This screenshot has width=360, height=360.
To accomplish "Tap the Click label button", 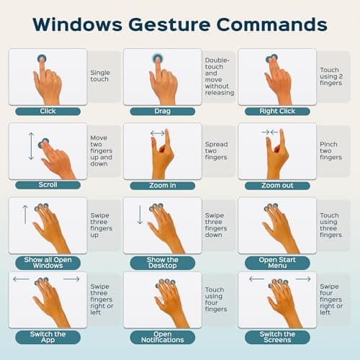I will click(48, 112).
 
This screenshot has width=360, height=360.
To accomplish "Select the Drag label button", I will click(162, 112).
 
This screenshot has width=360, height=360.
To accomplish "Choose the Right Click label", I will click(277, 112).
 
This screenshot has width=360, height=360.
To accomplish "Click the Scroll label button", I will click(48, 185).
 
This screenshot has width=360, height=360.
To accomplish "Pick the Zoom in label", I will click(162, 185).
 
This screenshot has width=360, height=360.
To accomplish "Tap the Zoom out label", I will click(277, 185).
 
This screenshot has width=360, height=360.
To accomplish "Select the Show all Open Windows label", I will click(48, 262).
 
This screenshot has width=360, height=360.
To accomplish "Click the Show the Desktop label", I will click(162, 262).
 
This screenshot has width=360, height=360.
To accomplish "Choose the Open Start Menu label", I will click(277, 262).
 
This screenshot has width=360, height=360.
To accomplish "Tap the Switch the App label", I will click(48, 337).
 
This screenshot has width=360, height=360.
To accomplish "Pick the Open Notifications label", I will click(162, 337).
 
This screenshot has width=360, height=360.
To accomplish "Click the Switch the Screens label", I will click(277, 337).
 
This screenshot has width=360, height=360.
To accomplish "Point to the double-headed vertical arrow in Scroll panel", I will click(30, 145).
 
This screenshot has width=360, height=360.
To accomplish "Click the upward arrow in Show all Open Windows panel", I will click(25, 215).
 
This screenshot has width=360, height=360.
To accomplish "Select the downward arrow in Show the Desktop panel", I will click(140, 215).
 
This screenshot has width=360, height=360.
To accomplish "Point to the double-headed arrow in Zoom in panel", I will click(157, 133).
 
